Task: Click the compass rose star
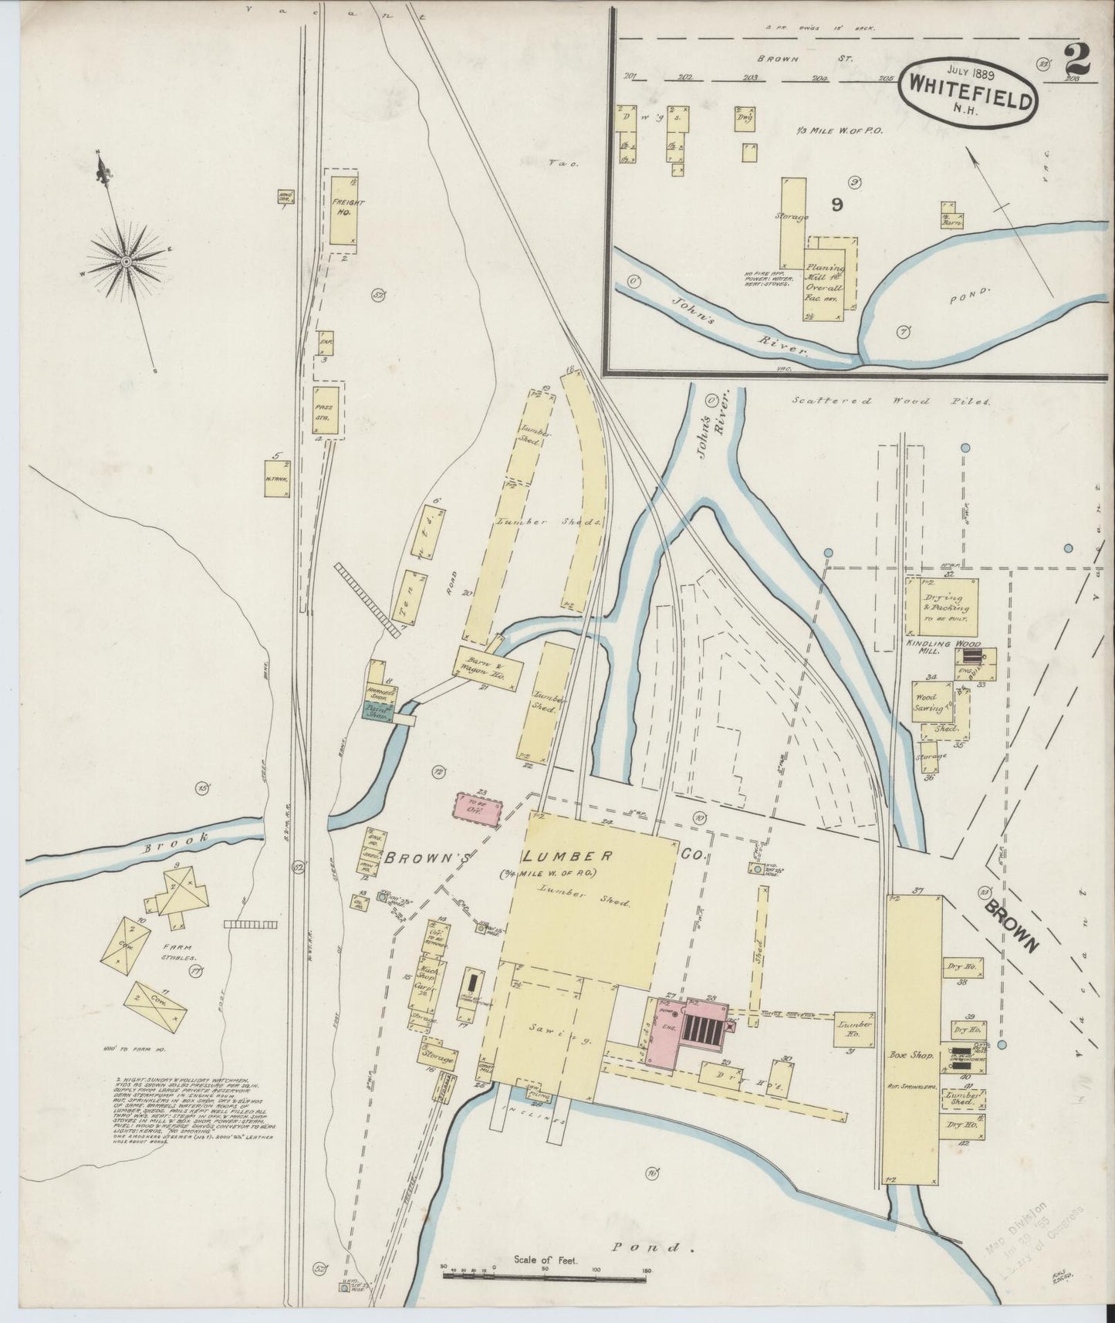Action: coord(123,263)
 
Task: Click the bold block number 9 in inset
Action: coord(838,205)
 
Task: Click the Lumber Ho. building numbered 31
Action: coord(853,1029)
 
